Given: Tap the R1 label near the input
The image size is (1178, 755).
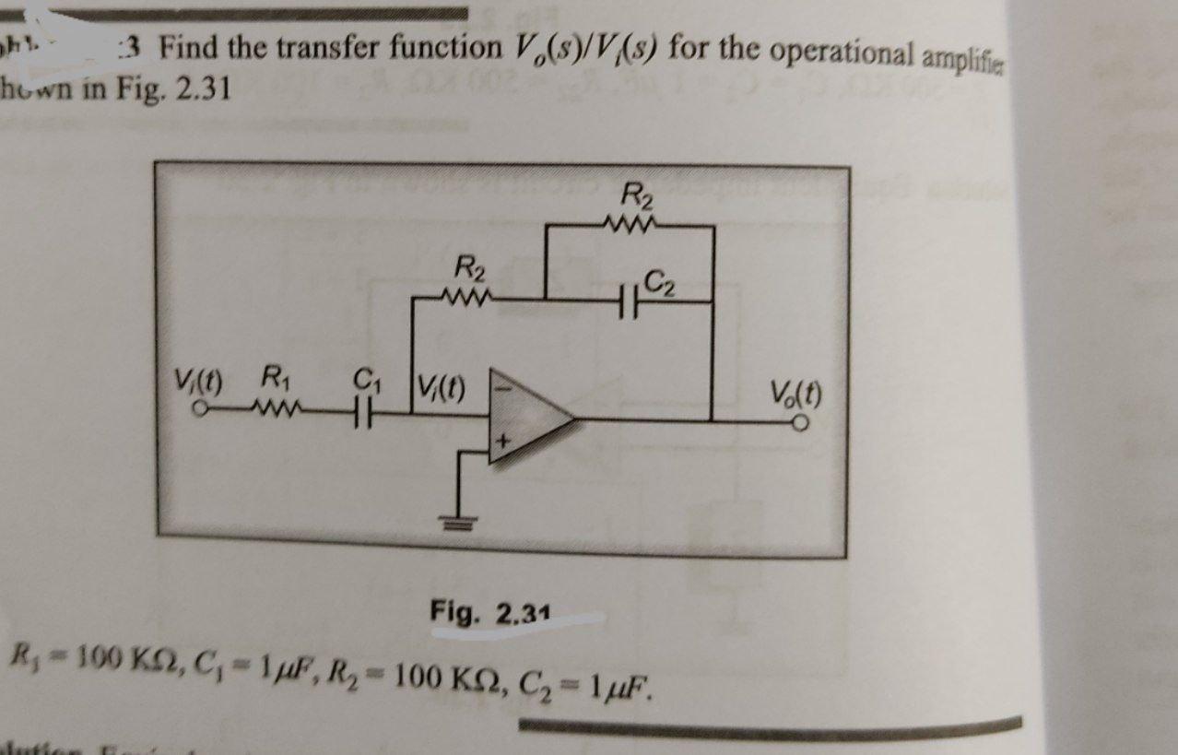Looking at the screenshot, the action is click(274, 377).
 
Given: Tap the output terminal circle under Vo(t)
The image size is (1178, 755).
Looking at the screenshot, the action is click(805, 424).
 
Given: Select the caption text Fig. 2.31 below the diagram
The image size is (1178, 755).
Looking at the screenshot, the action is click(491, 611).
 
